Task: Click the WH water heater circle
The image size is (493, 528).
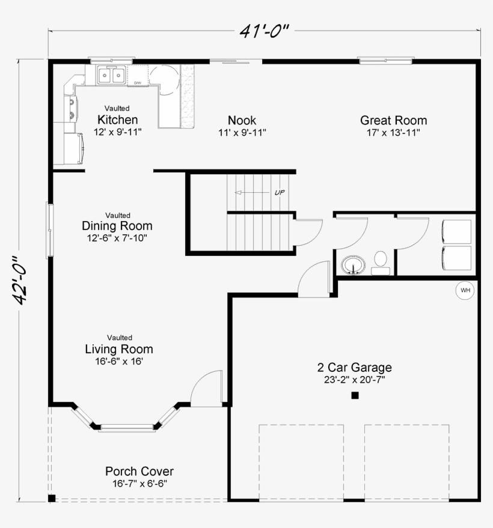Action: pos(465,290)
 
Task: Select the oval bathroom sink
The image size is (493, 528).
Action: pos(353,265)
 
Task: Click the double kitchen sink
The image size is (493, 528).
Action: pos(111,74)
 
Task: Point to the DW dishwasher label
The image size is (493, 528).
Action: pos(137,82)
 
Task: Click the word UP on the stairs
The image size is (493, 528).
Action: pos(280,193)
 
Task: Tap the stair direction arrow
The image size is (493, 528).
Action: pos(252,193)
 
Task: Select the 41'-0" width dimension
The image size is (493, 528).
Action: pos(265,31)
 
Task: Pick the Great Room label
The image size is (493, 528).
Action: pos(394,120)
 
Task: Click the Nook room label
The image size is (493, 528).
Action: pos(242,120)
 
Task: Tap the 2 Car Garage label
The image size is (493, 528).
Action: pos(355,367)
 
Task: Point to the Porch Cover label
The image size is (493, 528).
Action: pos(139,471)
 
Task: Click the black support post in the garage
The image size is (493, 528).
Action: pos(355,395)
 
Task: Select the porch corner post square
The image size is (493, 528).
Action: pos(52,498)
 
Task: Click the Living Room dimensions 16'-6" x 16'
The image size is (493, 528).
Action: pos(119,362)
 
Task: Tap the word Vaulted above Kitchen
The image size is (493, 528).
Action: pos(117,108)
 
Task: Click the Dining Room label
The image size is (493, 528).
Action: pos(117,226)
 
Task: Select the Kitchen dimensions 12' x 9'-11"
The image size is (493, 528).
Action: pos(118,132)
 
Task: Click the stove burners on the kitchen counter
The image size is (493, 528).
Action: pos(72,108)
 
